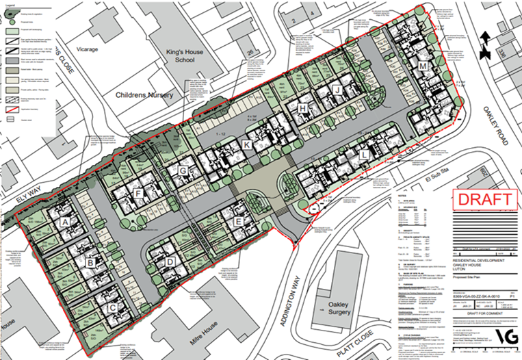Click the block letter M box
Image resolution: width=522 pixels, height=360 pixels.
click(423, 66)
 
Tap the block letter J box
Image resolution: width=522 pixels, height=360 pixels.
click(336, 90)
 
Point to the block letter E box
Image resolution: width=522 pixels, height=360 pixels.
click(238, 221)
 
